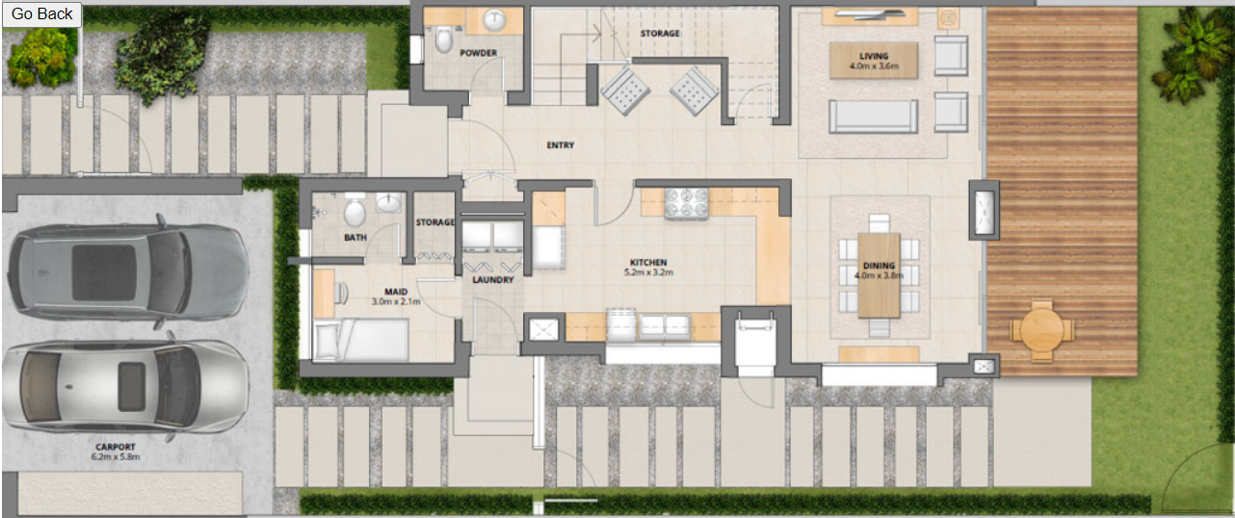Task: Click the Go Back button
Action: [x=41, y=14]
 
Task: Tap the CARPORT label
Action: [x=116, y=447]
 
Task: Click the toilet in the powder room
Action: [x=444, y=39]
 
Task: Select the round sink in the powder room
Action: [x=494, y=21]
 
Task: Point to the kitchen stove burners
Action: [x=686, y=203]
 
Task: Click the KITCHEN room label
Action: [x=648, y=262]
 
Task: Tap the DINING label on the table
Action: [x=879, y=266]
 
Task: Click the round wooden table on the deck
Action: [x=1041, y=330]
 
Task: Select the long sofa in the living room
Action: [x=874, y=117]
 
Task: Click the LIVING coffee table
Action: [x=874, y=61]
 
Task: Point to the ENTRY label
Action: [x=560, y=145]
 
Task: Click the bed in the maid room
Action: [x=360, y=340]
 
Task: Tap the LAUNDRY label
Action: [x=493, y=280]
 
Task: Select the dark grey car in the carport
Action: [x=128, y=272]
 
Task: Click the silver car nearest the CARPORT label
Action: [x=125, y=386]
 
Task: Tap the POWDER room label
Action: [x=479, y=53]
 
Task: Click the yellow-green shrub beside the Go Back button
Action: [x=41, y=59]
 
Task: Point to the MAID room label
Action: [x=396, y=292]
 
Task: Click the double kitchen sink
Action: [x=665, y=326]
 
